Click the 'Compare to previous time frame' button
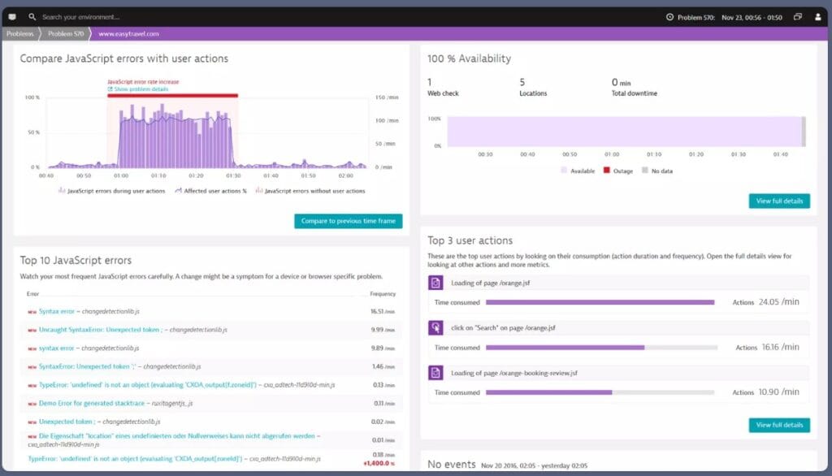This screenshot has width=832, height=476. [x=348, y=221]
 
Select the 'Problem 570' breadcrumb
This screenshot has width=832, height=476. [x=66, y=34]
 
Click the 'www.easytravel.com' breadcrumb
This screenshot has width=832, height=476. [x=128, y=34]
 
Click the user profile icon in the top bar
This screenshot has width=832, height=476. [x=817, y=16]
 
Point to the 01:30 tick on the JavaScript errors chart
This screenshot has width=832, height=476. [x=234, y=175]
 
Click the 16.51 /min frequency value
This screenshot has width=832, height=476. [x=383, y=311]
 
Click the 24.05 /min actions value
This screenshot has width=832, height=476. [x=778, y=302]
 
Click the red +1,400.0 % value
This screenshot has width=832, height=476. [x=379, y=463]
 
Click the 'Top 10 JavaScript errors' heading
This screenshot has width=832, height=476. [x=76, y=261]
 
